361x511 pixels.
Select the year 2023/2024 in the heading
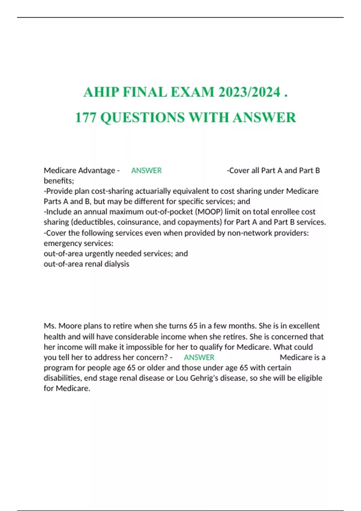tap(250, 92)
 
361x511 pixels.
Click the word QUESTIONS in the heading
tap(142, 117)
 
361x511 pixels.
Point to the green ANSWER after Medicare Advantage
tap(147, 170)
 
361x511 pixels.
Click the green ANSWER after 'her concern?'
tap(199, 357)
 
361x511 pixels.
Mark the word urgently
tap(99, 254)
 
